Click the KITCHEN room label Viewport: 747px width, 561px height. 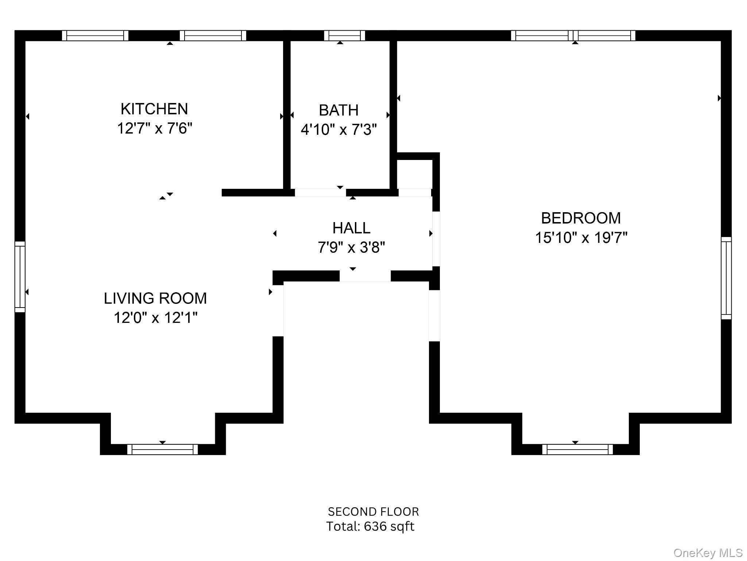coord(154,109)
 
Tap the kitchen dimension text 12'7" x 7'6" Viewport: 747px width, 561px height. coord(154,129)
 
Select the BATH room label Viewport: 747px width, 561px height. coord(338,110)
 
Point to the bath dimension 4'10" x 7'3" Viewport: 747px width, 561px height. coord(338,130)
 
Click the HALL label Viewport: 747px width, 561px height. coord(351,228)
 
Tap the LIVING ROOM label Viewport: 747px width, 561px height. coord(155,298)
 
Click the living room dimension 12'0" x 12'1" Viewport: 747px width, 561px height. coord(155,318)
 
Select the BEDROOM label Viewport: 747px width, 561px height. coord(581,218)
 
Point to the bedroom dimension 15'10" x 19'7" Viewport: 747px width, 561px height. coord(581,238)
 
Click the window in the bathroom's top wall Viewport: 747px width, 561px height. coord(344,35)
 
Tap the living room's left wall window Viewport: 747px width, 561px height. coord(20,277)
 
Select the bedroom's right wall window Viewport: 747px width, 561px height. coord(726,278)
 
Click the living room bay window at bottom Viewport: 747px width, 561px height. coord(162,449)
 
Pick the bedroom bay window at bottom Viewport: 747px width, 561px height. coord(577,449)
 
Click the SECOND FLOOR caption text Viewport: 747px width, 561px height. coord(373,512)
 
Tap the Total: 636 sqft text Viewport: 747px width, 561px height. coord(370,526)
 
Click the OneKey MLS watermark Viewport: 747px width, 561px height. coord(708,553)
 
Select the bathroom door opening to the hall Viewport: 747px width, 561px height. coord(320,192)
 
